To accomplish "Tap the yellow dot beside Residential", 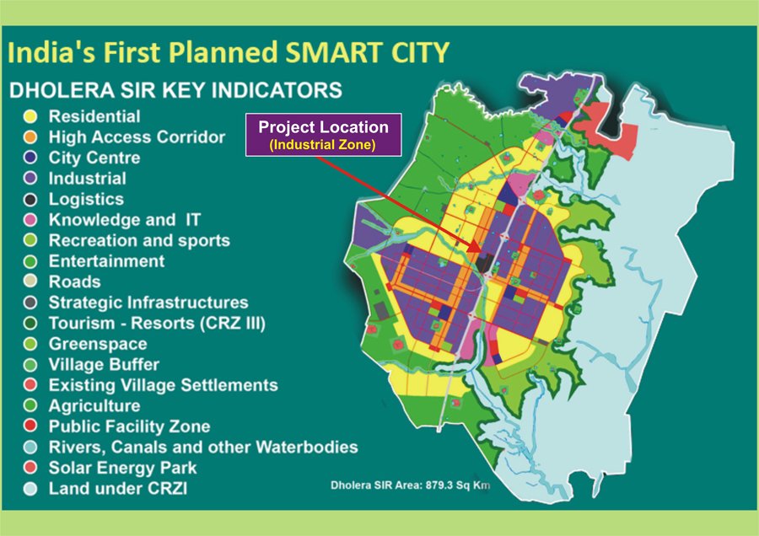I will [30, 117].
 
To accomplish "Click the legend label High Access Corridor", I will [137, 137].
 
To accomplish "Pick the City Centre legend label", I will [94, 158].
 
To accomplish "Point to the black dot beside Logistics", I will [30, 200].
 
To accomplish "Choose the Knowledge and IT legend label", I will [124, 220].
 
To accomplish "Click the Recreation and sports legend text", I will [139, 240].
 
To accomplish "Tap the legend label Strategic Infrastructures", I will [148, 303].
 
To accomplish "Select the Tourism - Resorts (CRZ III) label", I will [157, 323].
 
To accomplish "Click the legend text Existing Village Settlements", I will [163, 385].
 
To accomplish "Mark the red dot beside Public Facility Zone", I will [30, 426].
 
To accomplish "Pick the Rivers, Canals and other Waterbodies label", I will [203, 447].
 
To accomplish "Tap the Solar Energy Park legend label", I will [122, 468].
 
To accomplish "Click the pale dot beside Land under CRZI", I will [30, 489].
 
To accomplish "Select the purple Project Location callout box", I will [323, 135].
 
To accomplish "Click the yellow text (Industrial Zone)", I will [323, 145].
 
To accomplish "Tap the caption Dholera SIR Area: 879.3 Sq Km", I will [409, 485].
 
